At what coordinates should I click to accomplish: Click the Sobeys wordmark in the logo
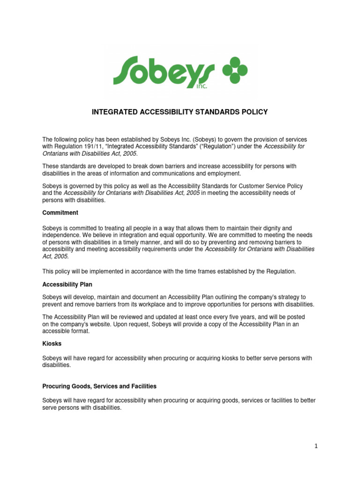164,71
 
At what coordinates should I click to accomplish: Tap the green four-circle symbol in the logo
234,70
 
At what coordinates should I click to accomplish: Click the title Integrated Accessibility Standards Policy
180,112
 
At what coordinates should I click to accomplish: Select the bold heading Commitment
60,213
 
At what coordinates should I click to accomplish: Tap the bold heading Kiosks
52,344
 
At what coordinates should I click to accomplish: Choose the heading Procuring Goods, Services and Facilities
99,386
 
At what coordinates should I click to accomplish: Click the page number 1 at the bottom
316,446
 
